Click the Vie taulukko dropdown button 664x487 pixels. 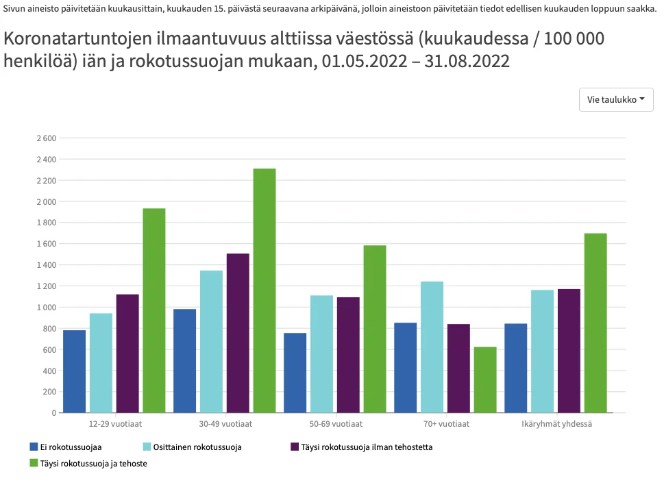click(x=616, y=99)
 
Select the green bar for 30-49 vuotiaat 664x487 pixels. click(x=265, y=290)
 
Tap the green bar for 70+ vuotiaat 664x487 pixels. click(x=485, y=379)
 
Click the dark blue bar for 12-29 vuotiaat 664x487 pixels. click(x=74, y=371)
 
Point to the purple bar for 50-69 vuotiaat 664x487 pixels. click(x=348, y=355)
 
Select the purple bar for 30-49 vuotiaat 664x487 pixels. click(x=238, y=333)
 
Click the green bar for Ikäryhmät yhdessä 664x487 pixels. click(x=595, y=323)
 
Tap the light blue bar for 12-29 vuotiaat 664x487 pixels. click(x=101, y=363)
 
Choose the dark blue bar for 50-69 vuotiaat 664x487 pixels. click(x=295, y=373)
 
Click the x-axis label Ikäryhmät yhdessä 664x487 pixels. click(x=556, y=424)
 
